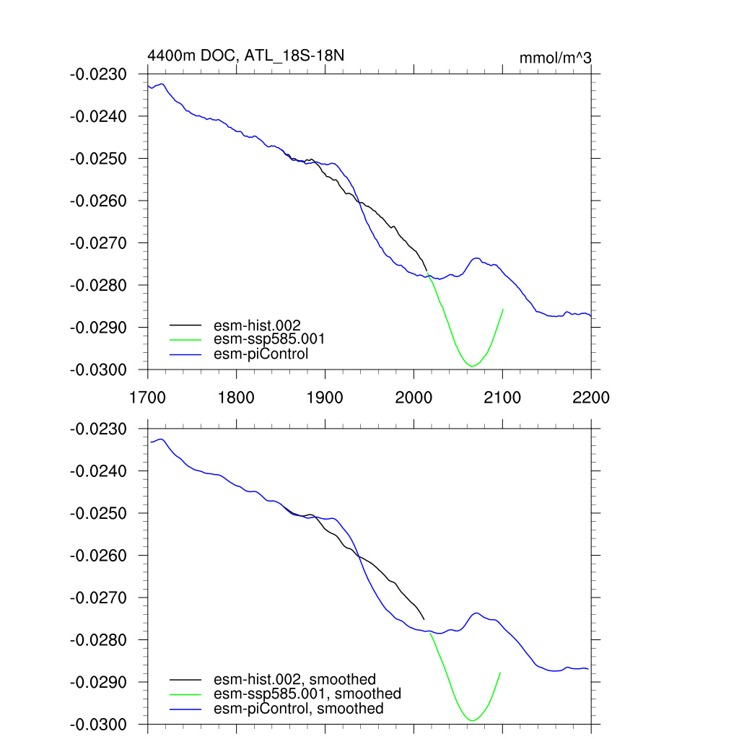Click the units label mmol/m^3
coord(556,58)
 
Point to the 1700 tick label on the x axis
coord(147,397)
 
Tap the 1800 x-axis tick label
coord(236,397)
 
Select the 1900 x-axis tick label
coord(325,397)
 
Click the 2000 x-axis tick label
coord(414,397)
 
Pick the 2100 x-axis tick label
coord(502,397)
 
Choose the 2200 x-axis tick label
coord(591,397)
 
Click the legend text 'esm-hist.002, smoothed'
coord(295,679)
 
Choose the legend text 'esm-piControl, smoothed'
coord(299,709)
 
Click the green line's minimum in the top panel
coord(472,367)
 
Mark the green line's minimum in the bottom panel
coord(472,721)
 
